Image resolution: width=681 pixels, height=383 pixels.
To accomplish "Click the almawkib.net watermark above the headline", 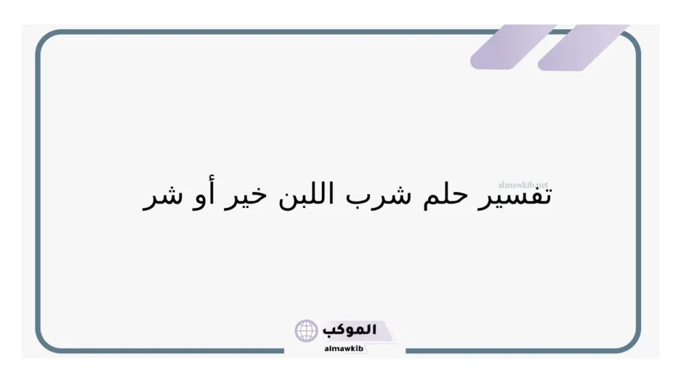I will click(x=523, y=184).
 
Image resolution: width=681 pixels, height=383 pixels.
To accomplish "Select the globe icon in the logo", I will click(x=307, y=330).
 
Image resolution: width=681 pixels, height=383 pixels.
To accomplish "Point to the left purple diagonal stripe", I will click(x=512, y=47).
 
